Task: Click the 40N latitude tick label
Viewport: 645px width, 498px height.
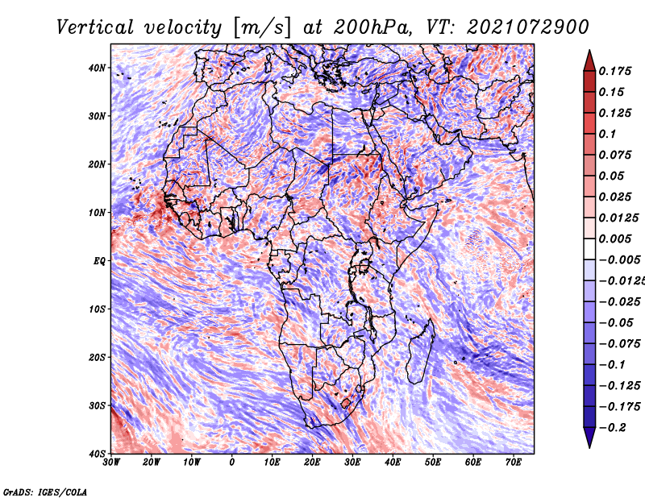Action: pos(97,68)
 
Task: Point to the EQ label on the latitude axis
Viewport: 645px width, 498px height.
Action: pos(99,261)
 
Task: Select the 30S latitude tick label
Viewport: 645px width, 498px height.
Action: pos(97,406)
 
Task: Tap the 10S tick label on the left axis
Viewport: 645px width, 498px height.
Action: pos(97,309)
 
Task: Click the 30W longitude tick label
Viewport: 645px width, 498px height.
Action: pos(111,463)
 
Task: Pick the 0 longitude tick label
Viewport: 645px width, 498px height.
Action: pos(232,463)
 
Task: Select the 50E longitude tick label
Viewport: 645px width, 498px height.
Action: pos(433,463)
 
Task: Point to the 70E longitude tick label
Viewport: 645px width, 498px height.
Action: pos(513,463)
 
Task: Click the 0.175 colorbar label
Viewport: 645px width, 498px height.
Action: pos(614,72)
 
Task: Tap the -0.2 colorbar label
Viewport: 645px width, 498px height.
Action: pos(613,428)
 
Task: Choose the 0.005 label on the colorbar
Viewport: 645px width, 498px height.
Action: pos(614,239)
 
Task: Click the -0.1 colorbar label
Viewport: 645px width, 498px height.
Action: pos(612,365)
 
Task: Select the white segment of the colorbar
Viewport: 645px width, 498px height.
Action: pos(589,249)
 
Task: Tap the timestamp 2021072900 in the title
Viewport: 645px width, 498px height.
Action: pos(528,27)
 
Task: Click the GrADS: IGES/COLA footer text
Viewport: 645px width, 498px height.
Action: pos(45,492)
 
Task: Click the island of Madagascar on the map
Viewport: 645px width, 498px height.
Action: pos(420,354)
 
